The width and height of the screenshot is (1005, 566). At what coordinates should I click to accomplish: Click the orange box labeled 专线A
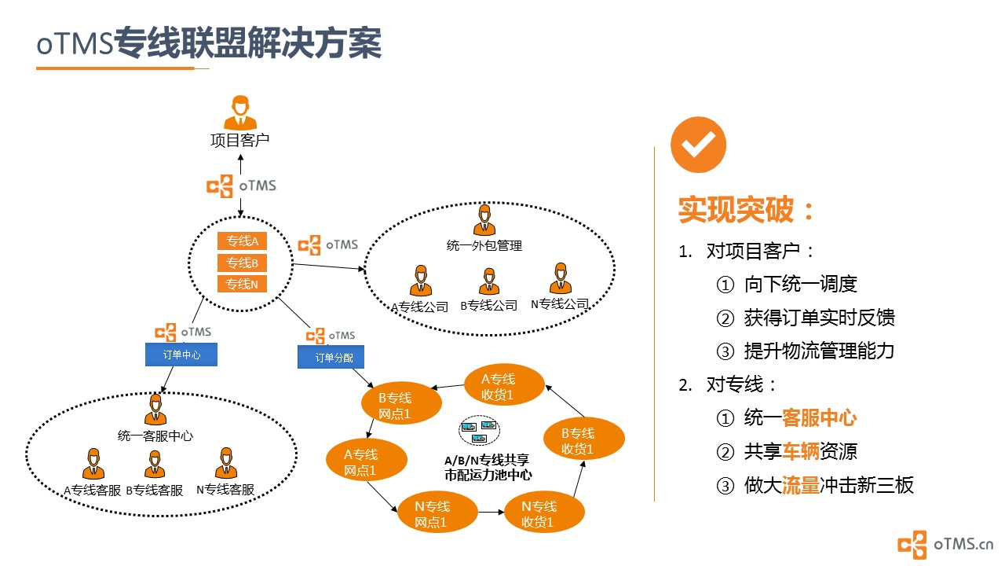tap(242, 241)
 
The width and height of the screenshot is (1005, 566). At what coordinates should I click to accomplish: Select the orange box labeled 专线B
tap(242, 263)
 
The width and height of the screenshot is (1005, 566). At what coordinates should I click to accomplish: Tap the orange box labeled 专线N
tap(242, 284)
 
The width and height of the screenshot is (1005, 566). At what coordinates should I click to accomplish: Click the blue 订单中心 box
tap(181, 355)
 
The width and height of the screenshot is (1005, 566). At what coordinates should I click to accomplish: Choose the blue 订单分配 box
tap(331, 357)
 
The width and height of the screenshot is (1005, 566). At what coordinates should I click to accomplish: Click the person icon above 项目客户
tap(240, 112)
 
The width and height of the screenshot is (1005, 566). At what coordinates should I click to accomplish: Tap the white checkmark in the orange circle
tap(698, 145)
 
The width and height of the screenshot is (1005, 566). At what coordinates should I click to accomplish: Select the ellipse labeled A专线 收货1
tap(504, 385)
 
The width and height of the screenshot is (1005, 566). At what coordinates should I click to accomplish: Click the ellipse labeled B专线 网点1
tap(401, 403)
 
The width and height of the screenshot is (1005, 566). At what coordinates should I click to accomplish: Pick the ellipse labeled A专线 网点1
tap(367, 460)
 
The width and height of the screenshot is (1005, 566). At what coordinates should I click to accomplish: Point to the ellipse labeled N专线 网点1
tap(437, 512)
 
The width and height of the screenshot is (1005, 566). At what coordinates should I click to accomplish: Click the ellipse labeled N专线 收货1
tap(544, 512)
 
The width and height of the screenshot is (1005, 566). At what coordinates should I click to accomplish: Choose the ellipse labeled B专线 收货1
tap(583, 439)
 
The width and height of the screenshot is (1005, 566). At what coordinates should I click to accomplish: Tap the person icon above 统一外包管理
tap(484, 220)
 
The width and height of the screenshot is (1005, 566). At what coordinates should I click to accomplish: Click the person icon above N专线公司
tap(561, 278)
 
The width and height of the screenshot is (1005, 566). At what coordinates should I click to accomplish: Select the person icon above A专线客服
tap(93, 464)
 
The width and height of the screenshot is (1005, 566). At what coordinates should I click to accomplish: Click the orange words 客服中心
tap(819, 417)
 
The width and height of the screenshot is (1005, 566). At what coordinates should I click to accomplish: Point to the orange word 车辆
tap(800, 451)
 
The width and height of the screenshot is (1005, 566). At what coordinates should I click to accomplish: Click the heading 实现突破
tap(736, 210)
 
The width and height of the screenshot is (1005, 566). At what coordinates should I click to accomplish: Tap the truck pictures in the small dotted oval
tap(479, 430)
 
